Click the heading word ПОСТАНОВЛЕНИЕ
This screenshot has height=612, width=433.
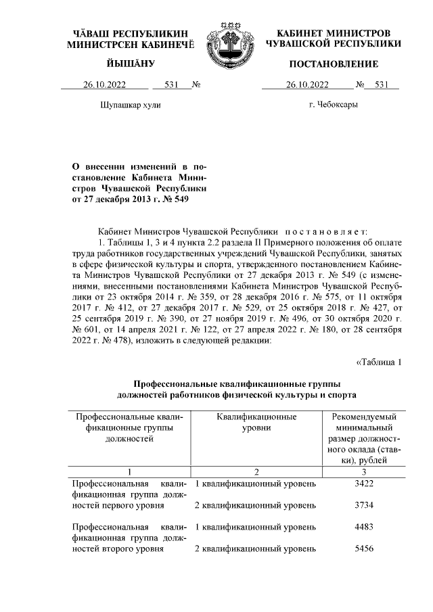(334, 64)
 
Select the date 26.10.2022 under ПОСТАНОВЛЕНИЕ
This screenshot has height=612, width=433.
(308, 85)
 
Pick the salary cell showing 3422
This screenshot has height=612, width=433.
(364, 484)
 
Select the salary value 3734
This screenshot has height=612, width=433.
(364, 505)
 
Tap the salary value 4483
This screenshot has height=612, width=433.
(364, 527)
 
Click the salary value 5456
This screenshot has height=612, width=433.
(364, 548)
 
